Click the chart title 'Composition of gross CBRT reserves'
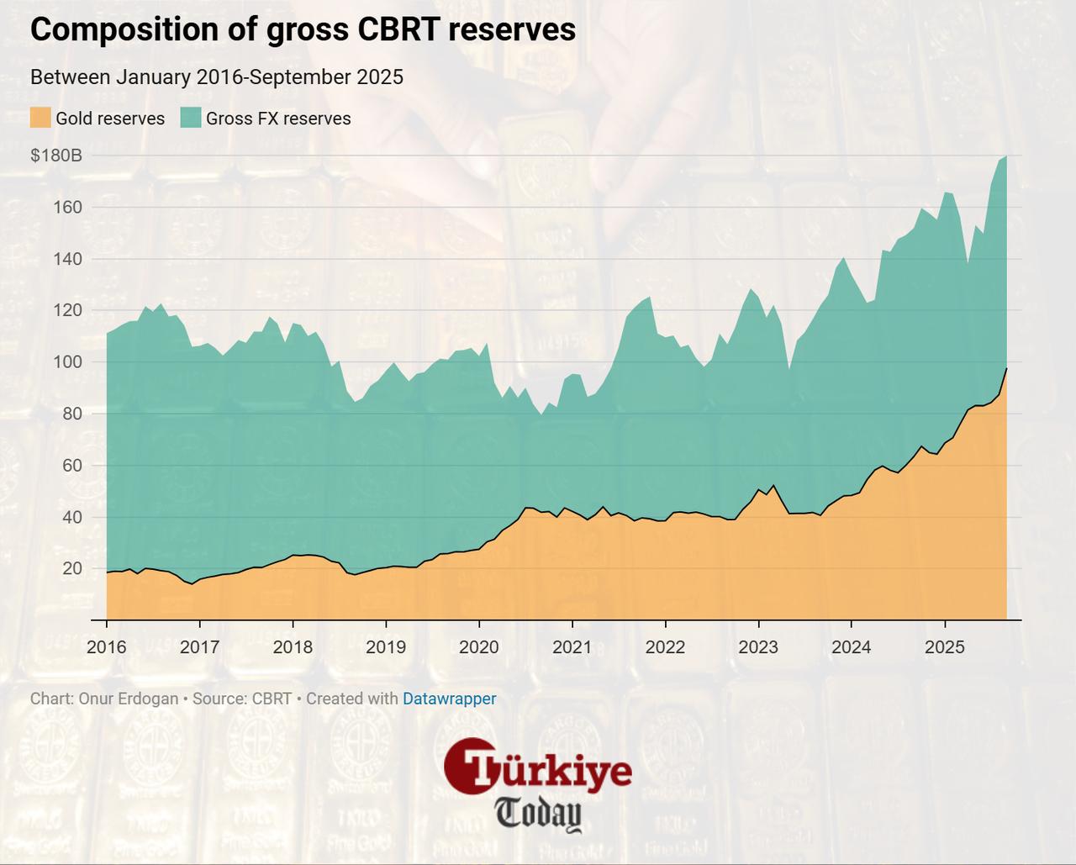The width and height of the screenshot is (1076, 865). pos(303,29)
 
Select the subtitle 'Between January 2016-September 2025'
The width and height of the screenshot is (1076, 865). pos(217,77)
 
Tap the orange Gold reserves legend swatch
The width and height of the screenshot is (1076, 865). pos(40,118)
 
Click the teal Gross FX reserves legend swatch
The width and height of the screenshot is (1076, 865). pos(191,118)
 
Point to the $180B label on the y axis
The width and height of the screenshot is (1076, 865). pos(56,156)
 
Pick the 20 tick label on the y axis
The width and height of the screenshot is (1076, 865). pos(72,569)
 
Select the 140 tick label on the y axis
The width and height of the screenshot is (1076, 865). pos(68,259)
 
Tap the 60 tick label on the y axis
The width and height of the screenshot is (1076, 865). pos(72,466)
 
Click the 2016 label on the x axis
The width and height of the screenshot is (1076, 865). pos(107,647)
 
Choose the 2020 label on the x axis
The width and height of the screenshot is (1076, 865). pos(479,647)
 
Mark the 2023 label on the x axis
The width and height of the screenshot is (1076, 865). pos(758,647)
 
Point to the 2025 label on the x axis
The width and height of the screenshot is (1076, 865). pos(945,647)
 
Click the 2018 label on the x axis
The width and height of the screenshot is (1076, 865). pos(293,647)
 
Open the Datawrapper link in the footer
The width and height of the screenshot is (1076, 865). pos(449,699)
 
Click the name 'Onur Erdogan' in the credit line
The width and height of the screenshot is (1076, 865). pos(128,699)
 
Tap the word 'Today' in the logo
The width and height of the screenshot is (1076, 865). pos(538,813)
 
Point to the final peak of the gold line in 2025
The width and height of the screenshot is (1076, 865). pos(1006,369)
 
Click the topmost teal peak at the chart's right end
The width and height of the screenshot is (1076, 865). pos(1005,156)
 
